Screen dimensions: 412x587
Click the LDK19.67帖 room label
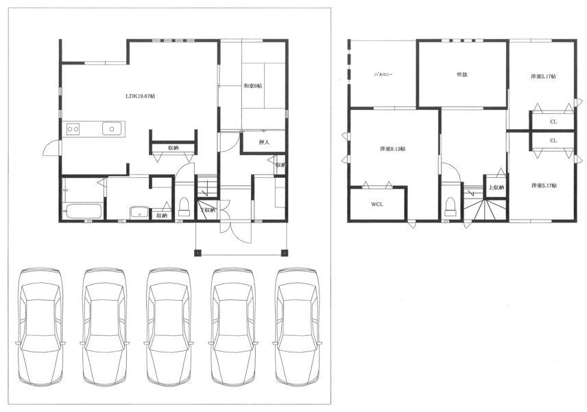point(140,96)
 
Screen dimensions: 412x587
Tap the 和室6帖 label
point(253,86)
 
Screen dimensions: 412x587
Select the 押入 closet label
point(264,143)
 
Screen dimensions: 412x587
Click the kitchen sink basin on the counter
point(112,128)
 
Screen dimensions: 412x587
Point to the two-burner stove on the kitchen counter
point(73,128)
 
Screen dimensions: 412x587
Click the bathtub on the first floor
point(82,210)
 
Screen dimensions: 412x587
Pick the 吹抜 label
point(462,73)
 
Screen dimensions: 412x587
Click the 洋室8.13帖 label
point(393,148)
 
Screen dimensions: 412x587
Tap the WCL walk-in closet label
point(377,204)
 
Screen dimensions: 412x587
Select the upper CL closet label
point(553,122)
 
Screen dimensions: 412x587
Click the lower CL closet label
point(553,140)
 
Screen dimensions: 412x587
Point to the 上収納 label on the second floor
point(496,187)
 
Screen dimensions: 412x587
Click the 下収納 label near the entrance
point(208,209)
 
